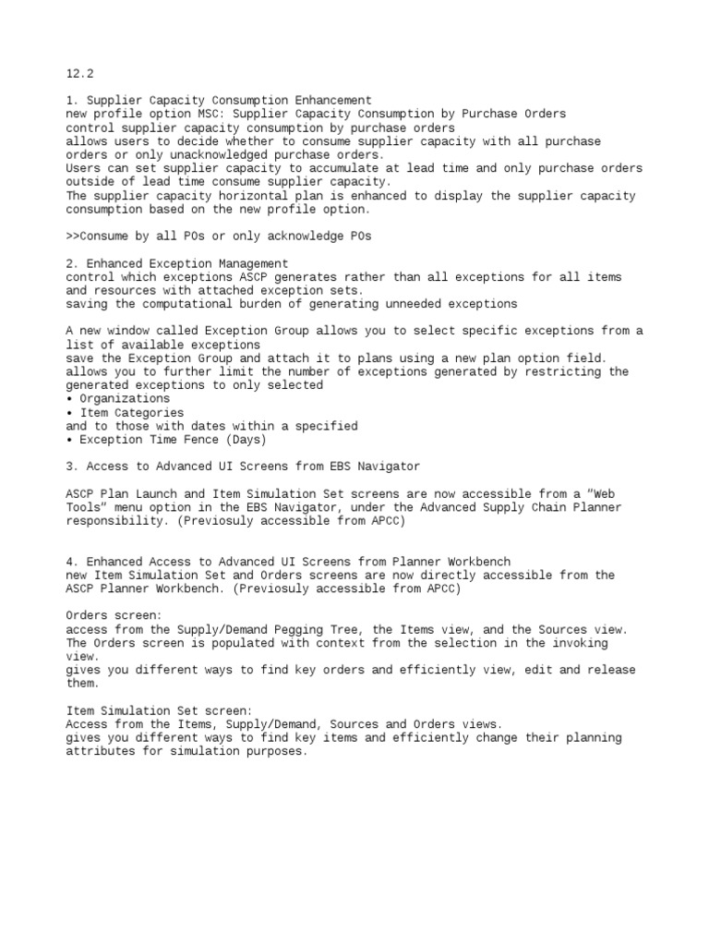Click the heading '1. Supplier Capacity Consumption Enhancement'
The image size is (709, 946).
click(x=219, y=101)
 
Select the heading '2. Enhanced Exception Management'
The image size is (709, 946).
click(x=177, y=263)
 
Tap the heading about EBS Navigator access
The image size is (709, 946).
click(x=243, y=467)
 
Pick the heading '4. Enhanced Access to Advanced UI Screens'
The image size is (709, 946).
click(x=288, y=562)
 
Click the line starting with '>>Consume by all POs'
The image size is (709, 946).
click(x=219, y=236)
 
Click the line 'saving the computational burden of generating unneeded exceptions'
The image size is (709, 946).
click(x=292, y=304)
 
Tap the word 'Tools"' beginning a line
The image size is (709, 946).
click(x=89, y=507)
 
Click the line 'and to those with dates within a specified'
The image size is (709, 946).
click(x=211, y=426)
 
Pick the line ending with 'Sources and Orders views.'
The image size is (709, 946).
click(x=284, y=724)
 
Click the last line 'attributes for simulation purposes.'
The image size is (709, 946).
click(x=186, y=751)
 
